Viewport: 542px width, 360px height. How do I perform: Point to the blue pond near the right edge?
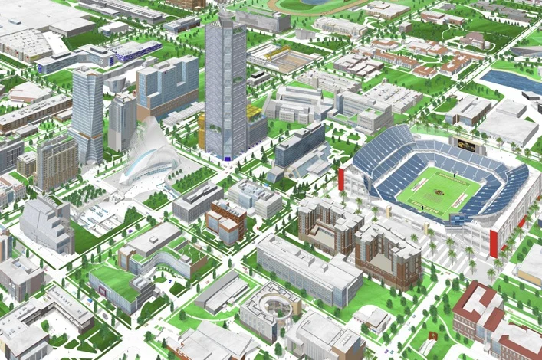pyautogui.click(x=514, y=80)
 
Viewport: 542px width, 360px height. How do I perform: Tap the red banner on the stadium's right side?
pyautogui.click(x=492, y=240)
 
